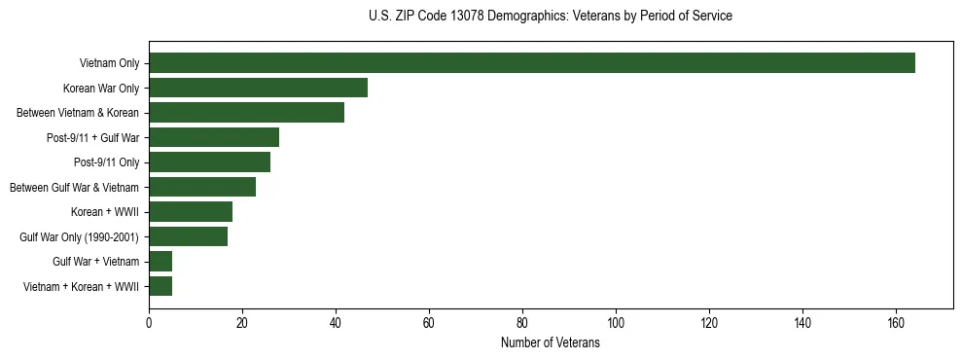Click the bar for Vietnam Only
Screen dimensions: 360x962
coord(532,63)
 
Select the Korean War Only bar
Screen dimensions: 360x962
coord(258,88)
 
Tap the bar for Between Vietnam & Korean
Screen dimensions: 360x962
coord(246,113)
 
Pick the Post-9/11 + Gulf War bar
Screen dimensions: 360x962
coord(214,137)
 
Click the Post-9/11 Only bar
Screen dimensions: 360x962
coord(209,162)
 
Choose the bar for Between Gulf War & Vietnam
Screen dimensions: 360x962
coord(202,187)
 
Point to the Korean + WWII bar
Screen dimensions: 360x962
coord(191,212)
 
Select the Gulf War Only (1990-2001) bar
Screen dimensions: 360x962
coord(188,236)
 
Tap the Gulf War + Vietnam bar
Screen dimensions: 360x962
coord(160,262)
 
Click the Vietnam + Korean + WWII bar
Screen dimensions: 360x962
coord(160,286)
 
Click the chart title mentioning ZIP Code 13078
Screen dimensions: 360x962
coord(551,17)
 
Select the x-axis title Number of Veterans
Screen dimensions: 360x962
coord(551,343)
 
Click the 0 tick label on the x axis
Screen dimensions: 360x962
coord(149,323)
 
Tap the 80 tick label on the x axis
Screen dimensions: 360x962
coord(522,323)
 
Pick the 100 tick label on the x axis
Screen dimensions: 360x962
coord(616,323)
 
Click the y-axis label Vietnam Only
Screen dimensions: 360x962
coord(109,64)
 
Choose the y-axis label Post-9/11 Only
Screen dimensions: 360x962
coord(106,162)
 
